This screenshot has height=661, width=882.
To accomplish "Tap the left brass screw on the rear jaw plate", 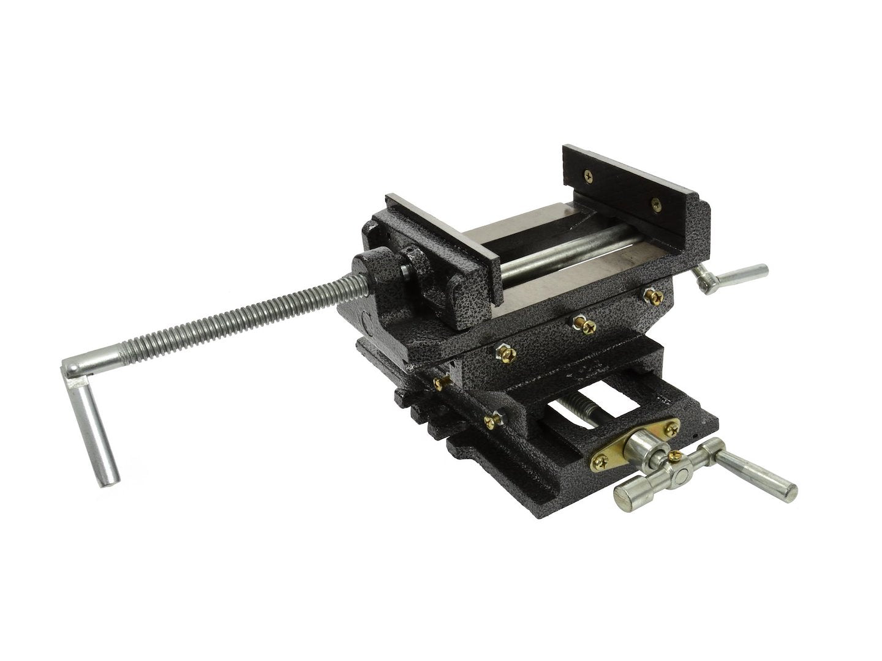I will (x=589, y=175).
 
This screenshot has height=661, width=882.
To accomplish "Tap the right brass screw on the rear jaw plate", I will (x=657, y=204).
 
